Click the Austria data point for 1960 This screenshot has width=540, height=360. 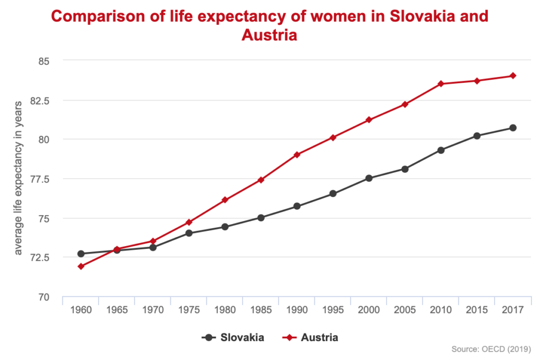pos(81,266)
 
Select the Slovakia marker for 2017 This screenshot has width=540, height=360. pos(513,128)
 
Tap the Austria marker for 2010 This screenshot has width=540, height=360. pos(441,83)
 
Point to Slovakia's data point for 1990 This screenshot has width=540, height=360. pos(297,206)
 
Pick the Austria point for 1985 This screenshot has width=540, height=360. pos(261,180)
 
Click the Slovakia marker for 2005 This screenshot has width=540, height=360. pos(405,169)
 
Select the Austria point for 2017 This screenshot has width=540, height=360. pos(513,75)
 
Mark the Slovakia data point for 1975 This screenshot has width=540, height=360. pos(189,232)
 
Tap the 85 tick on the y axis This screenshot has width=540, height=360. pos(43,61)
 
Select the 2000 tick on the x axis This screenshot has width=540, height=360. pos(369,310)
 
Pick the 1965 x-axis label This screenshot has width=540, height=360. pos(117,310)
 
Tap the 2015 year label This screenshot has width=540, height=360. pos(477,310)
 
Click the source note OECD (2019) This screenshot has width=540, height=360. pos(491,349)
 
